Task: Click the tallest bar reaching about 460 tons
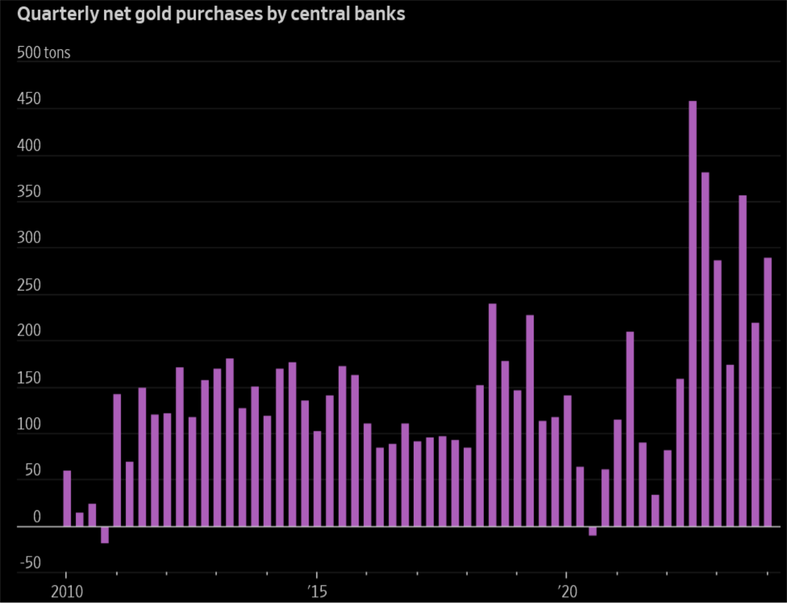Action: pyautogui.click(x=692, y=314)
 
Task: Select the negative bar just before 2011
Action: pyautogui.click(x=105, y=535)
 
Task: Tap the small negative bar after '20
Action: pyautogui.click(x=592, y=531)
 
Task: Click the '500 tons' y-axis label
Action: pyautogui.click(x=44, y=53)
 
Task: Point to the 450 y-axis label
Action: pyautogui.click(x=29, y=99)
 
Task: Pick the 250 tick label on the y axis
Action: pyautogui.click(x=29, y=286)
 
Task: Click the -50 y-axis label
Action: pyautogui.click(x=30, y=564)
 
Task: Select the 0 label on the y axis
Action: pyautogui.click(x=36, y=517)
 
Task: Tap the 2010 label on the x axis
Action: pyautogui.click(x=67, y=592)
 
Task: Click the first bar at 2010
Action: pyautogui.click(x=67, y=498)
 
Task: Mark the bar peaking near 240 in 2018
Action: pyautogui.click(x=492, y=415)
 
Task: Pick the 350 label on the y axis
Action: pyautogui.click(x=29, y=192)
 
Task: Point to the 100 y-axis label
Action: pyautogui.click(x=29, y=425)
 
